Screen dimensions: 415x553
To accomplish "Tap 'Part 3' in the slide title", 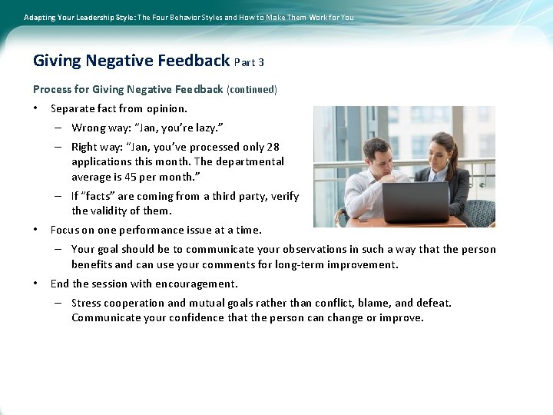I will point(249,62).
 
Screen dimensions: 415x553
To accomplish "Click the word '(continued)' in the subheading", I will point(252,90).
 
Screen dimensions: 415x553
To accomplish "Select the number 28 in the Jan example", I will point(272,147).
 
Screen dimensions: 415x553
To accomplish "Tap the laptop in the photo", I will point(415,201).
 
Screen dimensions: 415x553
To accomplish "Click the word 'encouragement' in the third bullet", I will point(198,284).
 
